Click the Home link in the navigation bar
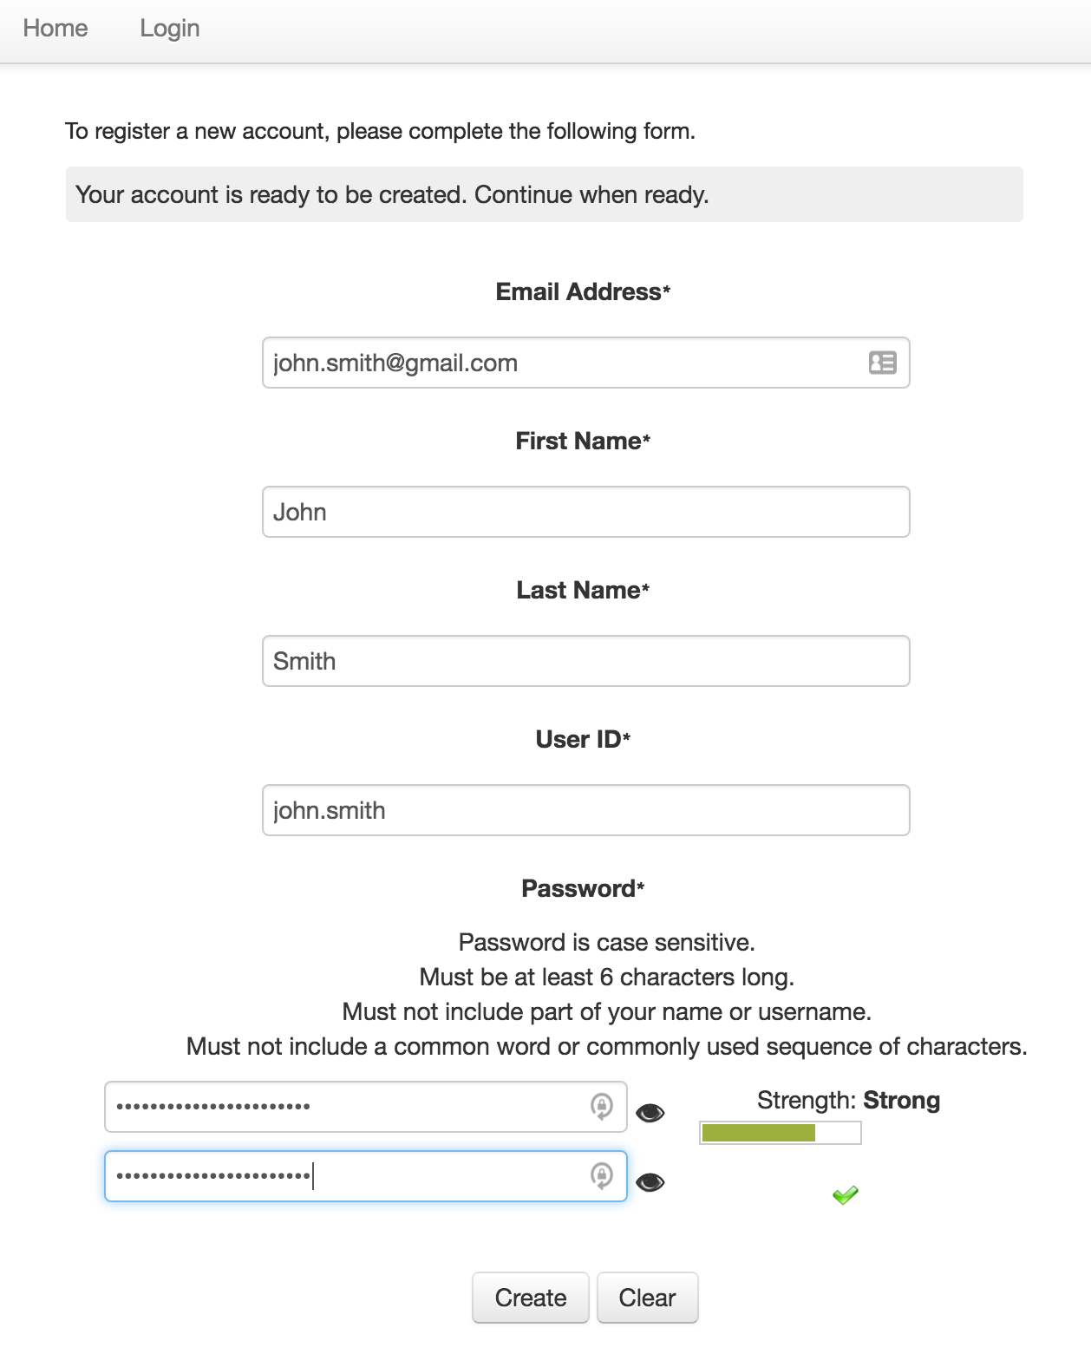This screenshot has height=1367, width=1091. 56,29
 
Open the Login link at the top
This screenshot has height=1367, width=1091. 170,29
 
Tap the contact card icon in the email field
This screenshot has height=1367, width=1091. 882,363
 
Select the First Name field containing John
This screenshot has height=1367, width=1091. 585,512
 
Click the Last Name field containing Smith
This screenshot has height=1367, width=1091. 585,661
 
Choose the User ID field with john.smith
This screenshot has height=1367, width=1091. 585,810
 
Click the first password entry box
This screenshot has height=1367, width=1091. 347,1107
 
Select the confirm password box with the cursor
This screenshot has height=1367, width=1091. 347,1176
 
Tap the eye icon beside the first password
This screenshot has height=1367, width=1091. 650,1113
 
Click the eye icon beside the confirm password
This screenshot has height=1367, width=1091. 650,1182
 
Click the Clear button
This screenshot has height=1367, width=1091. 647,1298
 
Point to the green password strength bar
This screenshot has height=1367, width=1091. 759,1133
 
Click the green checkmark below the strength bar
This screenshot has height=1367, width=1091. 845,1195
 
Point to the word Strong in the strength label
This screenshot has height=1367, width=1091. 902,1101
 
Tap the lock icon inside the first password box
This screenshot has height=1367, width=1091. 602,1106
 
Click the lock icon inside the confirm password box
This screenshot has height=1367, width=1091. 602,1175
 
